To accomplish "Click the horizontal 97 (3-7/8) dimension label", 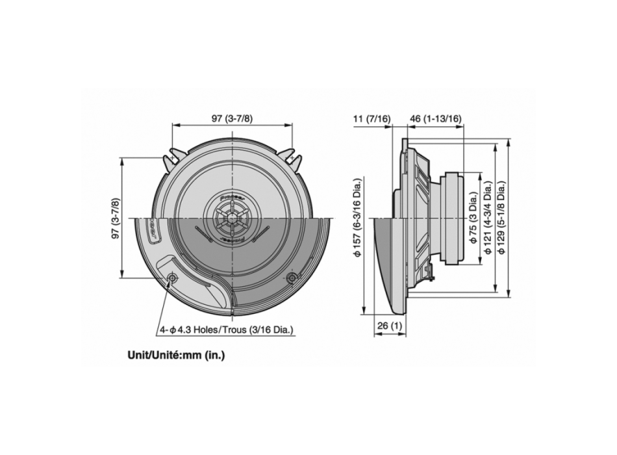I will pos(232,118).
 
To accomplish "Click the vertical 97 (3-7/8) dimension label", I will pos(116,218).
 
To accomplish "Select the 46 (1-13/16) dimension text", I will pos(436,118).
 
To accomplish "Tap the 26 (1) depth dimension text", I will pos(390,324).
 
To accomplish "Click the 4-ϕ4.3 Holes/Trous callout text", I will pos(227,330).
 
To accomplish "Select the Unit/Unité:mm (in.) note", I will pos(176,356).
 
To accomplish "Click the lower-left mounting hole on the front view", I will pos(172,278).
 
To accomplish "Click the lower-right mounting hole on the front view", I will pos(291,278).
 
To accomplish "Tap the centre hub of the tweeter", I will pos(232,218).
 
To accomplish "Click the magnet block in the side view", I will pos(453,218).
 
